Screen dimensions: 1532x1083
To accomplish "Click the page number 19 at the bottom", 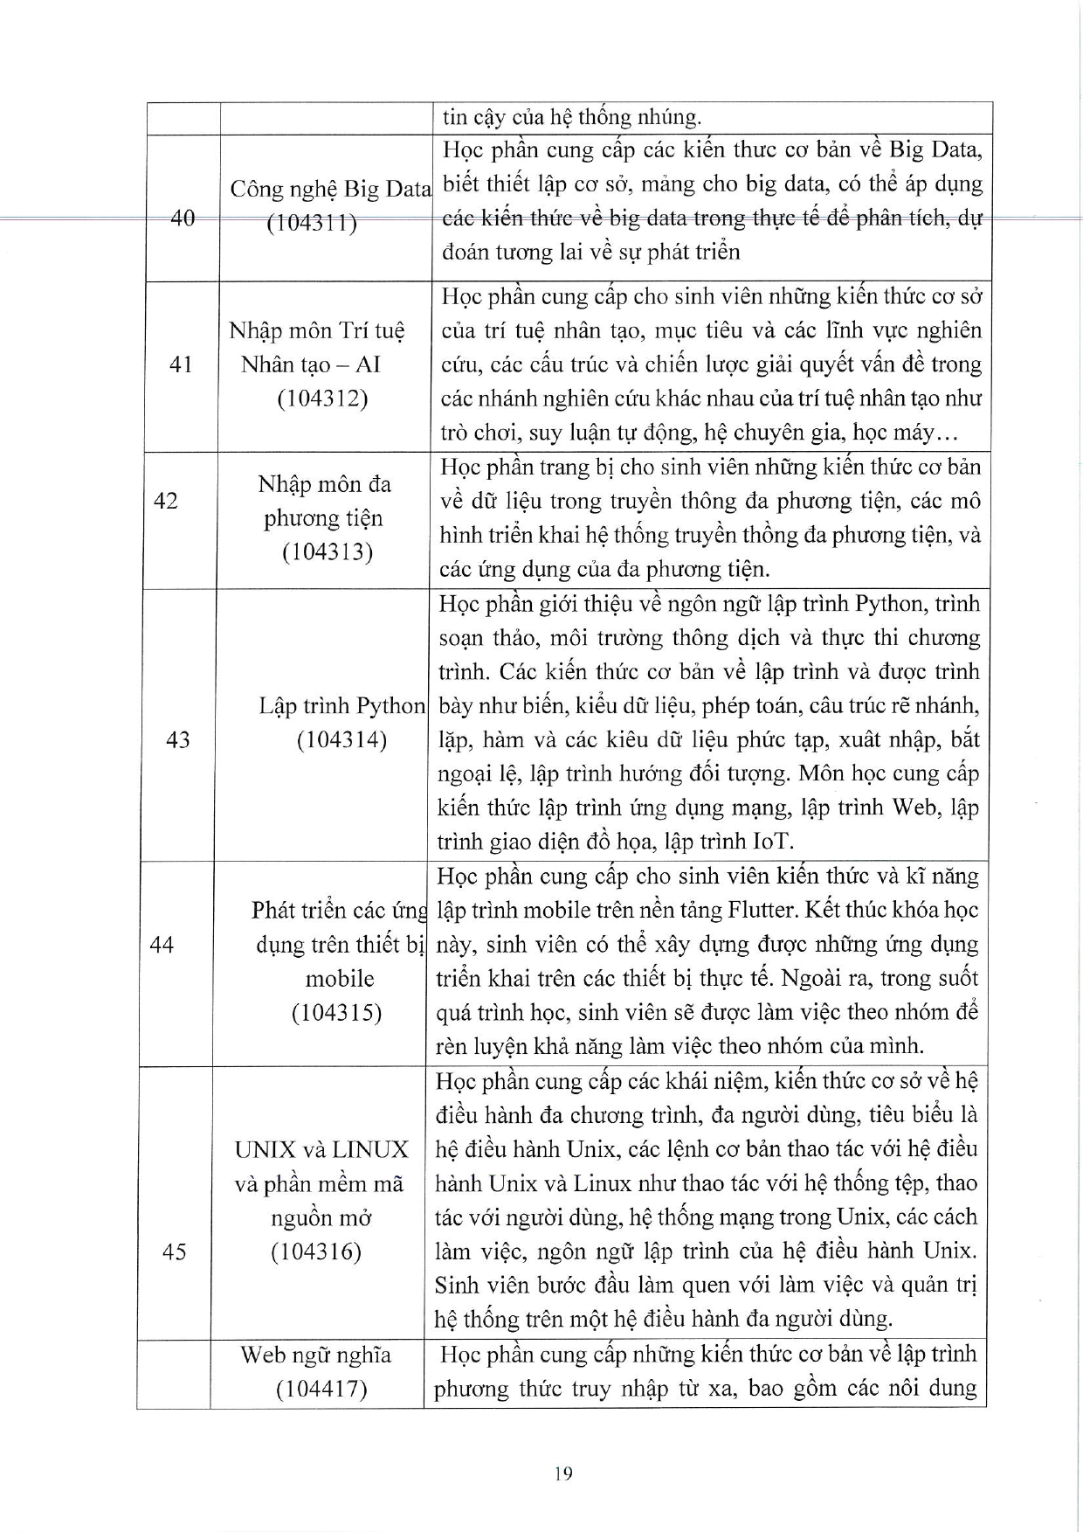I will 563,1474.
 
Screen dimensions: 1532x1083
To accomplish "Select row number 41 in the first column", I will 181,364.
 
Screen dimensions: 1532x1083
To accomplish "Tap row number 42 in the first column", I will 165,501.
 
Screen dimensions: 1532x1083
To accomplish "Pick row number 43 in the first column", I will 177,740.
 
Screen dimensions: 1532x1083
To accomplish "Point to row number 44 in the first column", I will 162,945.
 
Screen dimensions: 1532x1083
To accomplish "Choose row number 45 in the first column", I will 175,1252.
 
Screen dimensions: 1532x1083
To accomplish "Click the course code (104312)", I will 322,399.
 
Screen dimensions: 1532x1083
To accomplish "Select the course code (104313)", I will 327,552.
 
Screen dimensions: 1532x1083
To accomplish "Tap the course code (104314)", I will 341,740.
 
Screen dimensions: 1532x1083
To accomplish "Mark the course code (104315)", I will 336,1013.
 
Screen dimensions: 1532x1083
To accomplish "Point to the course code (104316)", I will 315,1252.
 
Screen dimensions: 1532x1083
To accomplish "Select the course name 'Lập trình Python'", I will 341,706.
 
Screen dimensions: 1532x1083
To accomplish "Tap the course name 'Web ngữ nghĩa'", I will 316,1355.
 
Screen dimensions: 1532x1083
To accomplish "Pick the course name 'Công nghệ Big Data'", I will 330,189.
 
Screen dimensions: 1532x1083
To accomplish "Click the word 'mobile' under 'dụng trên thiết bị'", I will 340,979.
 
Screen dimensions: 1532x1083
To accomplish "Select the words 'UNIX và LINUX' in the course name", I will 321,1150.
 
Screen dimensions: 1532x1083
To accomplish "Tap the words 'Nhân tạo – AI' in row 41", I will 311,364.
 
